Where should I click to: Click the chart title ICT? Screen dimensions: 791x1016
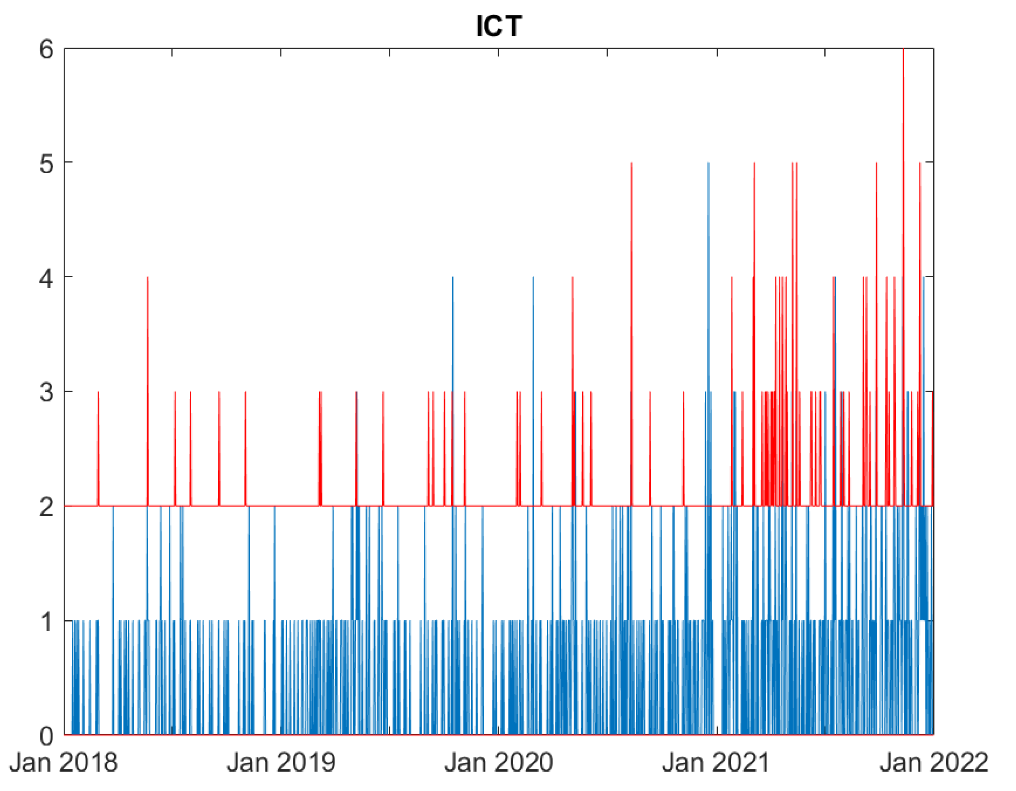(x=499, y=26)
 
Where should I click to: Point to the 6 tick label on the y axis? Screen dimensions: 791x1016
(x=46, y=49)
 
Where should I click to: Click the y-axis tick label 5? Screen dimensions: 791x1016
(x=46, y=164)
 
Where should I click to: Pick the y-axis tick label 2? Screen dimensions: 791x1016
(x=46, y=507)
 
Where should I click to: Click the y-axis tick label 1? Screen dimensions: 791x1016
(x=46, y=621)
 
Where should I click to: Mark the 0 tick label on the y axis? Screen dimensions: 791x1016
(x=46, y=736)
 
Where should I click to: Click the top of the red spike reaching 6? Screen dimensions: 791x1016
(x=903, y=49)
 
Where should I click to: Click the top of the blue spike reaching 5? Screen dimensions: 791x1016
(x=708, y=163)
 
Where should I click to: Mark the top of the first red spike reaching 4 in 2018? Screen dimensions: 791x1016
(x=147, y=278)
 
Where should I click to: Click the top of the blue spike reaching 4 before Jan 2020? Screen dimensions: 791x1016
(x=453, y=278)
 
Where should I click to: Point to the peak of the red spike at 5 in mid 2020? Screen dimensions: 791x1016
(x=631, y=163)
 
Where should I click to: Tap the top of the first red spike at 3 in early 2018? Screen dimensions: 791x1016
(x=98, y=392)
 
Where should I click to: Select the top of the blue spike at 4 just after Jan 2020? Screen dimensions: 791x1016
(x=533, y=278)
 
